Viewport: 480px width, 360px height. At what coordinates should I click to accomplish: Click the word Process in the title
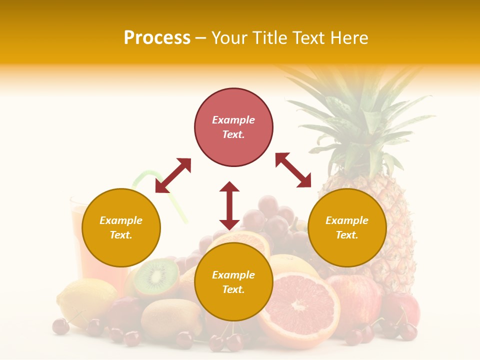pyautogui.click(x=157, y=38)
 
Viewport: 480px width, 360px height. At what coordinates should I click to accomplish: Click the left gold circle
pyautogui.click(x=121, y=227)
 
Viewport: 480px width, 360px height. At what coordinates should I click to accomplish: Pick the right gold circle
pyautogui.click(x=347, y=227)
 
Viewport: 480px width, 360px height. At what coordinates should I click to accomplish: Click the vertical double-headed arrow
pyautogui.click(x=229, y=205)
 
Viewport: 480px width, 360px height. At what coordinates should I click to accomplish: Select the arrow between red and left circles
pyautogui.click(x=173, y=175)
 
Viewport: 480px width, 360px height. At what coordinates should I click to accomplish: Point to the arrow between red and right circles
pyautogui.click(x=293, y=170)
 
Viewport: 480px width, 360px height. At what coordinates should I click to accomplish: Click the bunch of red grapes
pyautogui.click(x=272, y=215)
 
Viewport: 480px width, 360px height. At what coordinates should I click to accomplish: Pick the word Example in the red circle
pyautogui.click(x=233, y=120)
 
